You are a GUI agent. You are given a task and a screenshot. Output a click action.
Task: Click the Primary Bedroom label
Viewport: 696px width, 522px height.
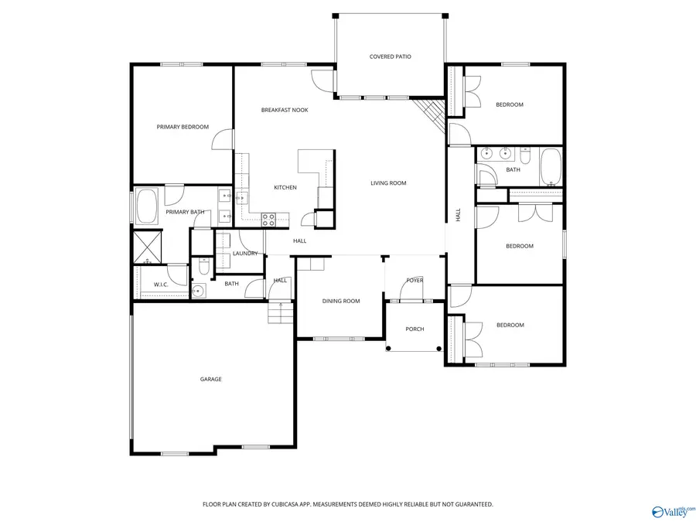tap(183, 127)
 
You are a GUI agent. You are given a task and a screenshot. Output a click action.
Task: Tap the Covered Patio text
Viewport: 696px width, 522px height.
tap(390, 56)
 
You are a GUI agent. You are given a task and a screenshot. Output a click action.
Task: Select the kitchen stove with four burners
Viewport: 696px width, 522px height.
tap(269, 220)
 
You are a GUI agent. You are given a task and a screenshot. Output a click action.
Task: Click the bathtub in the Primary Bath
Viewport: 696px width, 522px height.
tap(148, 207)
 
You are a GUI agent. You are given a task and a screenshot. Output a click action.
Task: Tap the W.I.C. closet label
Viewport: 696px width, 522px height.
tap(161, 285)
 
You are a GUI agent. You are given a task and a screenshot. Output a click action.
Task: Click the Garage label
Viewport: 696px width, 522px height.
tap(210, 379)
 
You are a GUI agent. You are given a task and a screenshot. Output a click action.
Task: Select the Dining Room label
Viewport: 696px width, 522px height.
tap(341, 301)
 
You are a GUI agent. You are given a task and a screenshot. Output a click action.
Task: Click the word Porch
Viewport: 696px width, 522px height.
tap(415, 329)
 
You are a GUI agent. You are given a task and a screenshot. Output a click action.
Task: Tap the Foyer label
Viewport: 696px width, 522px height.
tap(415, 280)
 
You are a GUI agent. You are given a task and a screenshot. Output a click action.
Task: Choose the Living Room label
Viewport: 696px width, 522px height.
tap(388, 183)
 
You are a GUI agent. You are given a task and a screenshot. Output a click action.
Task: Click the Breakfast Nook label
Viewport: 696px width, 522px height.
tap(284, 110)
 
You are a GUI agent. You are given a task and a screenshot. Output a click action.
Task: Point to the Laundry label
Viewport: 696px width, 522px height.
tap(245, 254)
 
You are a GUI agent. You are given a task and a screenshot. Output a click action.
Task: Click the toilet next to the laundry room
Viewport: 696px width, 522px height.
tap(203, 267)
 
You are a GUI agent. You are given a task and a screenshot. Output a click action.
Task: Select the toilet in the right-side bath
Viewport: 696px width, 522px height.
tap(524, 158)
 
